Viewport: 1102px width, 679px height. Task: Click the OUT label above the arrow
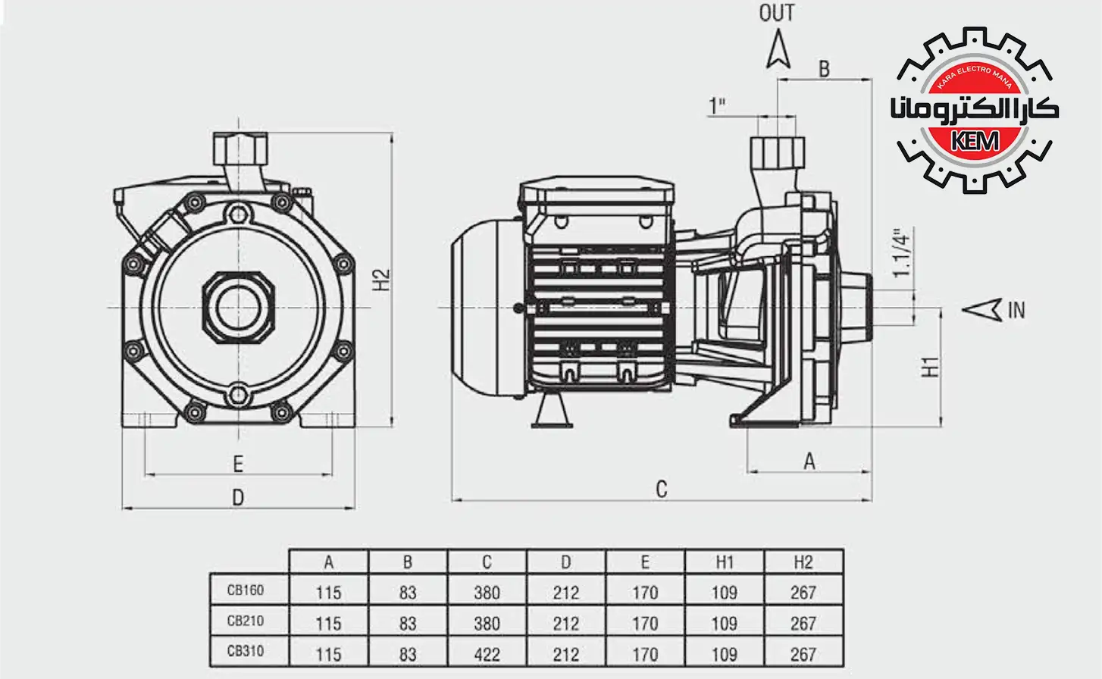777,14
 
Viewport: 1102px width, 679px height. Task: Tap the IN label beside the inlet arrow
1016,310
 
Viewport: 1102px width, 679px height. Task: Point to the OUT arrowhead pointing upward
778,50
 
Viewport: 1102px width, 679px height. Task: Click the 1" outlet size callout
717,105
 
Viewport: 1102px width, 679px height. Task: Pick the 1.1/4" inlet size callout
900,253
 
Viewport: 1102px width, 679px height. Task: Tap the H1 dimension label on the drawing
930,367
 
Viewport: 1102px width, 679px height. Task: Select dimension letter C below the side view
661,490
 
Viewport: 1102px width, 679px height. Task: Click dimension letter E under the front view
238,464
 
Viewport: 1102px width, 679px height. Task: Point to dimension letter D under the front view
238,498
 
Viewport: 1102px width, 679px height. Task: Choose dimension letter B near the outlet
824,69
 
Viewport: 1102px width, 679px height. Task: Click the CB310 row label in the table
246,651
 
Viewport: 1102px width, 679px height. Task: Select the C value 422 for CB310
487,654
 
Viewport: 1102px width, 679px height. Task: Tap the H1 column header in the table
725,562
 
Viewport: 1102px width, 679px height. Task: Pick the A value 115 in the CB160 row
328,593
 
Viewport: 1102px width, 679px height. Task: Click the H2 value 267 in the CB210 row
803,624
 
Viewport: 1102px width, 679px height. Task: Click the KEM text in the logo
975,141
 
